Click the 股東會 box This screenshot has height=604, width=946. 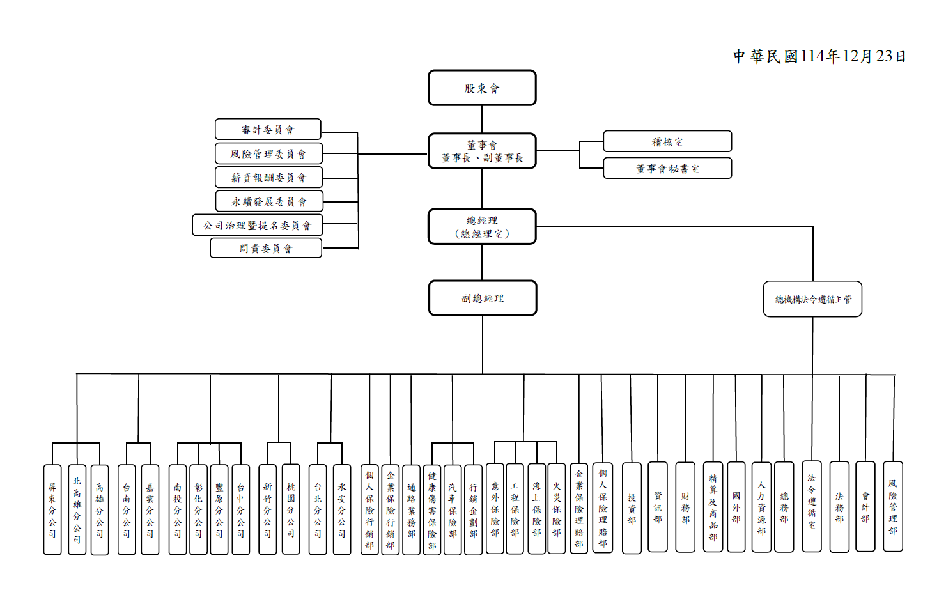point(482,88)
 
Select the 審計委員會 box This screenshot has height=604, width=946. point(268,130)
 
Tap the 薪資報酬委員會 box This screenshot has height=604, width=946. point(268,178)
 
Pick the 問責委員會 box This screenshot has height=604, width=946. point(266,249)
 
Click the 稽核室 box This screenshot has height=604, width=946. point(667,142)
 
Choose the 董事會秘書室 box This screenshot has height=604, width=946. point(667,169)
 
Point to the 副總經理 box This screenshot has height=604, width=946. point(483,298)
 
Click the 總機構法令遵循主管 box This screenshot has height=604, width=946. point(812,299)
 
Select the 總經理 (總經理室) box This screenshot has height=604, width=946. point(482,227)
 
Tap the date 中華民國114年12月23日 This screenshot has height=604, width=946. point(819,56)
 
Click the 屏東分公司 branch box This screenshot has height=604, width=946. point(52,510)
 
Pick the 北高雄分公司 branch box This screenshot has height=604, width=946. point(77,510)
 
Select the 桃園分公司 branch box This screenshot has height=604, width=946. point(291,510)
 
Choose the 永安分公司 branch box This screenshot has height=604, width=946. point(342,510)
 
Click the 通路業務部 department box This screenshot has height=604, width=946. point(411,510)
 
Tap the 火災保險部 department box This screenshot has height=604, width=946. point(557,509)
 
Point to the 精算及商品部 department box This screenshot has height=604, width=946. point(713,507)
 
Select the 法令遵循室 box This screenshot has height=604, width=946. point(812,506)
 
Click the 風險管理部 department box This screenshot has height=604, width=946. point(893,506)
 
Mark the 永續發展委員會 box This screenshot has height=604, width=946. point(269,201)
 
